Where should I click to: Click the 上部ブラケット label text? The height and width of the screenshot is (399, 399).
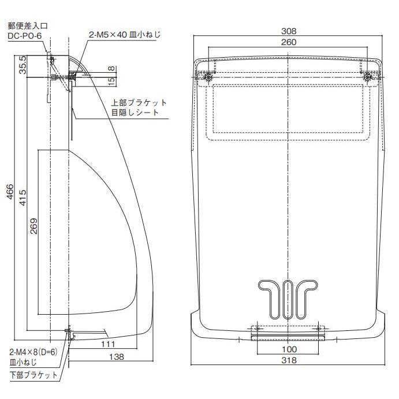(139, 103)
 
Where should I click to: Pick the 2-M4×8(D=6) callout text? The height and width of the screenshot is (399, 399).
(33, 352)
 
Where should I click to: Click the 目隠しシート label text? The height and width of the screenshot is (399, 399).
(135, 113)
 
